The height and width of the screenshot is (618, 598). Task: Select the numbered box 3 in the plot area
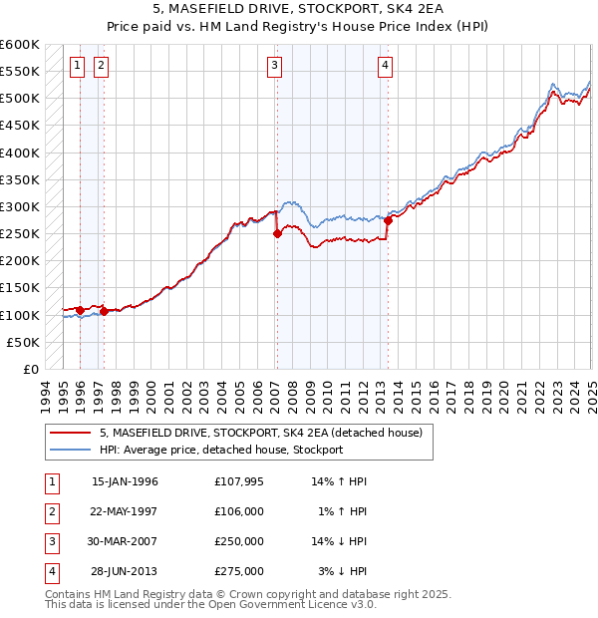(274, 66)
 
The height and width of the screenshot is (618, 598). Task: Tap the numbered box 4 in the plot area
(385, 66)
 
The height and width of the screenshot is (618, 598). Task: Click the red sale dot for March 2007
(277, 234)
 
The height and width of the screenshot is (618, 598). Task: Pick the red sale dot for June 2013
(389, 220)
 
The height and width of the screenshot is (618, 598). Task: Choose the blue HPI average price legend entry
(220, 450)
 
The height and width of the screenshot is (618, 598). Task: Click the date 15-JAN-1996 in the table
(125, 481)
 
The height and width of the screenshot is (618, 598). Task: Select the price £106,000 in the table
(239, 511)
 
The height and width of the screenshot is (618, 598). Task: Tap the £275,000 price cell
(239, 571)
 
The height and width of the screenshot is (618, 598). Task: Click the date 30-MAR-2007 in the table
(125, 541)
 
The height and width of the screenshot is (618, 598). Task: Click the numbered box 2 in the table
(51, 511)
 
